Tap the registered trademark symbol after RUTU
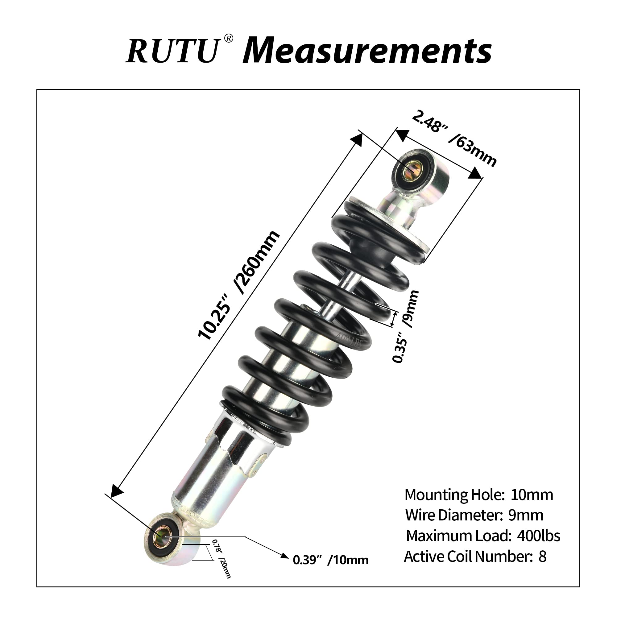tap(229, 39)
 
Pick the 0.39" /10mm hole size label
tap(330, 560)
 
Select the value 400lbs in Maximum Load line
tap(538, 536)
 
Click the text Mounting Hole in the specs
tap(454, 495)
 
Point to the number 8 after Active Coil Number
tap(542, 556)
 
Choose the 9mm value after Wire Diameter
tap(525, 515)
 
